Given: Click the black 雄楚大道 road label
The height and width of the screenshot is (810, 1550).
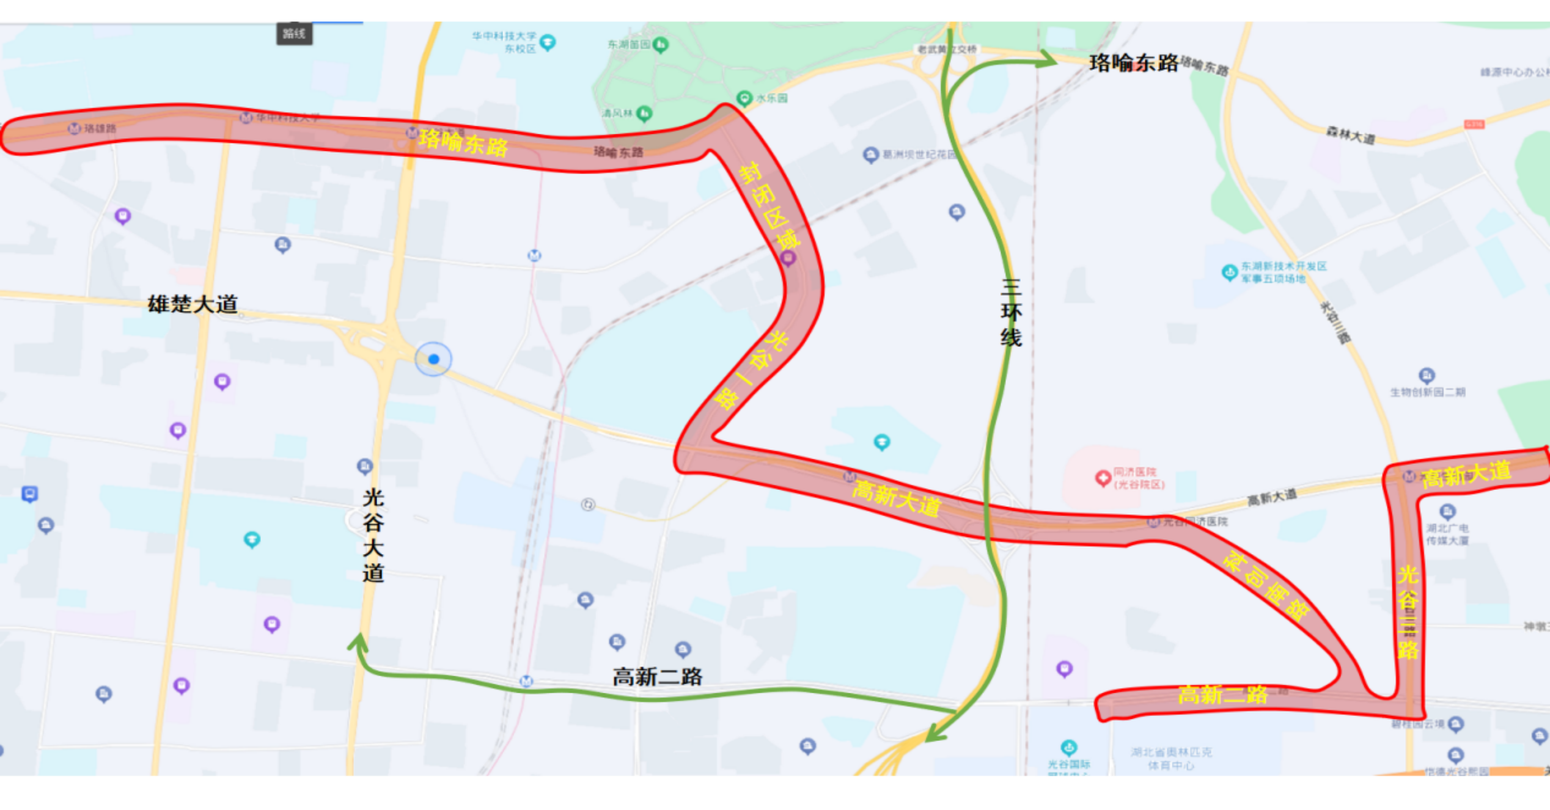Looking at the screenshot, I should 193,304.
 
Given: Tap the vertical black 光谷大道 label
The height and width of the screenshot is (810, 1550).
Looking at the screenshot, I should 373,535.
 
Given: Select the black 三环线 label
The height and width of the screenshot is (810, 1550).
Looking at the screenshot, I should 1011,313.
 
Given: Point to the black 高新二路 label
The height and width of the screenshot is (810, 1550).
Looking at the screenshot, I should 657,677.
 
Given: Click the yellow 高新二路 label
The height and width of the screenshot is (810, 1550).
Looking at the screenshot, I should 1222,695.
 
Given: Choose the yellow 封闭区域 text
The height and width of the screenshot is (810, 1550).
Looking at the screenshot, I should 769,205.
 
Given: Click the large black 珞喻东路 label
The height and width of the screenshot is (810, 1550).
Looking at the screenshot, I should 1134,63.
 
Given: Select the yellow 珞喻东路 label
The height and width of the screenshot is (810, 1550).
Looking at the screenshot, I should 463,143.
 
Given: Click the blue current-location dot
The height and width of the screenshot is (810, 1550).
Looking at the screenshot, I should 433,359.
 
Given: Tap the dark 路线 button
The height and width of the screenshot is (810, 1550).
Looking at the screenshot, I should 294,34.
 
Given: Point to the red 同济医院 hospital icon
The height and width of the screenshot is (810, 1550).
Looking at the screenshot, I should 1103,478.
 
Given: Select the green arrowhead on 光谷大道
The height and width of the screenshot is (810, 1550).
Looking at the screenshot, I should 358,642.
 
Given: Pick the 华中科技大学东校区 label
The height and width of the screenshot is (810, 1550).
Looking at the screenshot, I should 504,42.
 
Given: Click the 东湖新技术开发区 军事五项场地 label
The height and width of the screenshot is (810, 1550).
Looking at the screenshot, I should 1283,272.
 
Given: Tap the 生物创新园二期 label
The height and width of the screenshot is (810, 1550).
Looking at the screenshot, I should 1428,392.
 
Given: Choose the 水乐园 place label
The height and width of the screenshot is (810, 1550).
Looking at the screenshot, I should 772,98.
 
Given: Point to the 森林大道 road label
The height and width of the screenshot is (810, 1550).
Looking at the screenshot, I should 1350,135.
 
